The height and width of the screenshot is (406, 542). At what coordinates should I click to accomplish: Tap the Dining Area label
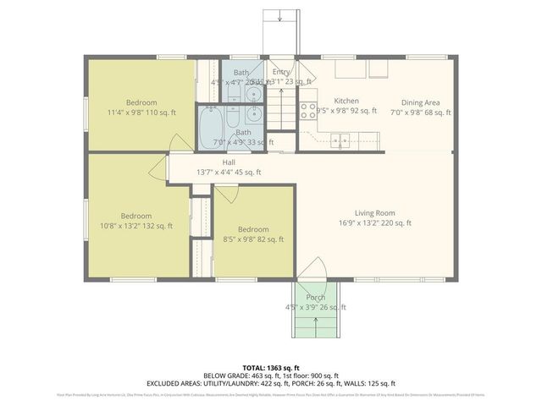coord(420,101)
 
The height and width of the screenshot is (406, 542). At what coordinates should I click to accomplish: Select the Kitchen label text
coord(346,100)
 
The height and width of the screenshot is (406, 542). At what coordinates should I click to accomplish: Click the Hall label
coord(229,162)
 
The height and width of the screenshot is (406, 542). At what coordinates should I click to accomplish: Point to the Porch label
coord(316,297)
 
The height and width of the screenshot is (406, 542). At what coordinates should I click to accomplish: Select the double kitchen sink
coord(343,140)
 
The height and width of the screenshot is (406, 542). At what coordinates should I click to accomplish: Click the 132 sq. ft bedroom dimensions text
coord(135,226)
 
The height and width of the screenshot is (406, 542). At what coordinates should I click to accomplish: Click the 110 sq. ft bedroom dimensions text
coord(141,112)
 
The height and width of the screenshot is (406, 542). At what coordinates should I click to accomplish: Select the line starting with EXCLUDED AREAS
coord(271,383)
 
